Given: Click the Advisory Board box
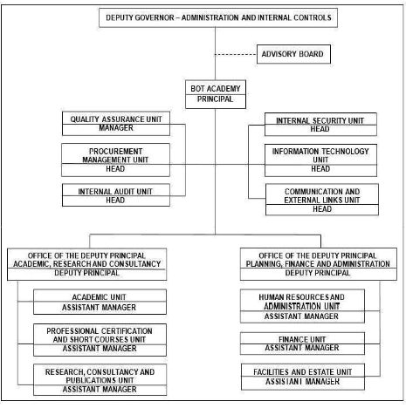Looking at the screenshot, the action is [x=293, y=54].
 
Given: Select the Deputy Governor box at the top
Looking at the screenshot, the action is [x=218, y=17].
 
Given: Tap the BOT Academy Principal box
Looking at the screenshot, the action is [x=216, y=94].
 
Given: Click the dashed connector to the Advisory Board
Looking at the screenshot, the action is [x=236, y=54].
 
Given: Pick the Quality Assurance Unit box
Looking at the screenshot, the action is [x=116, y=124].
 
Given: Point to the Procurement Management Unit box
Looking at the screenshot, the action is [x=115, y=160].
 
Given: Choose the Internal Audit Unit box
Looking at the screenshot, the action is [x=116, y=195].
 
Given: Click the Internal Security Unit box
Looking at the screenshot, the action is [x=320, y=125].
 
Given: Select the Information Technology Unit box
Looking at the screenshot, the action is [x=320, y=160].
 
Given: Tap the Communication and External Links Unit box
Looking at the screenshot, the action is [x=322, y=200].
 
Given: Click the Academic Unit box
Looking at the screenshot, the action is [x=100, y=302].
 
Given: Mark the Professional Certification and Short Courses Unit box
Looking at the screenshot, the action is [x=100, y=340].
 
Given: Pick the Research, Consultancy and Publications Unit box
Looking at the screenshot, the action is [x=100, y=379].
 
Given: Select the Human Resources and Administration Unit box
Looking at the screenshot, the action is [x=302, y=306].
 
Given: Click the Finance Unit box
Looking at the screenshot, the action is [x=302, y=343].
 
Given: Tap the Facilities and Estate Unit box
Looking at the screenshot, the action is [x=303, y=377].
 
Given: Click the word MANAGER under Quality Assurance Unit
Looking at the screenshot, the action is [x=116, y=128].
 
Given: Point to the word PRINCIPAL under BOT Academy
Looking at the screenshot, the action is [x=216, y=99].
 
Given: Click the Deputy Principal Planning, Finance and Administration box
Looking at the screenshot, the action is [x=319, y=264].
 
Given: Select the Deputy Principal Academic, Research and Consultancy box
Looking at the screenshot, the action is [x=87, y=264].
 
